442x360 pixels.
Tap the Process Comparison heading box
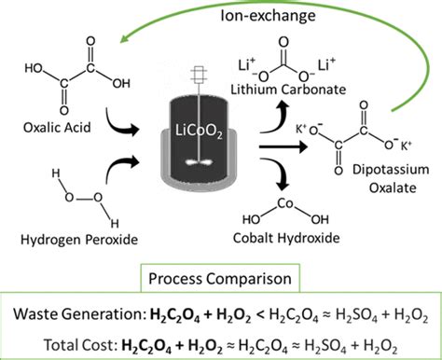pos(221,278)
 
